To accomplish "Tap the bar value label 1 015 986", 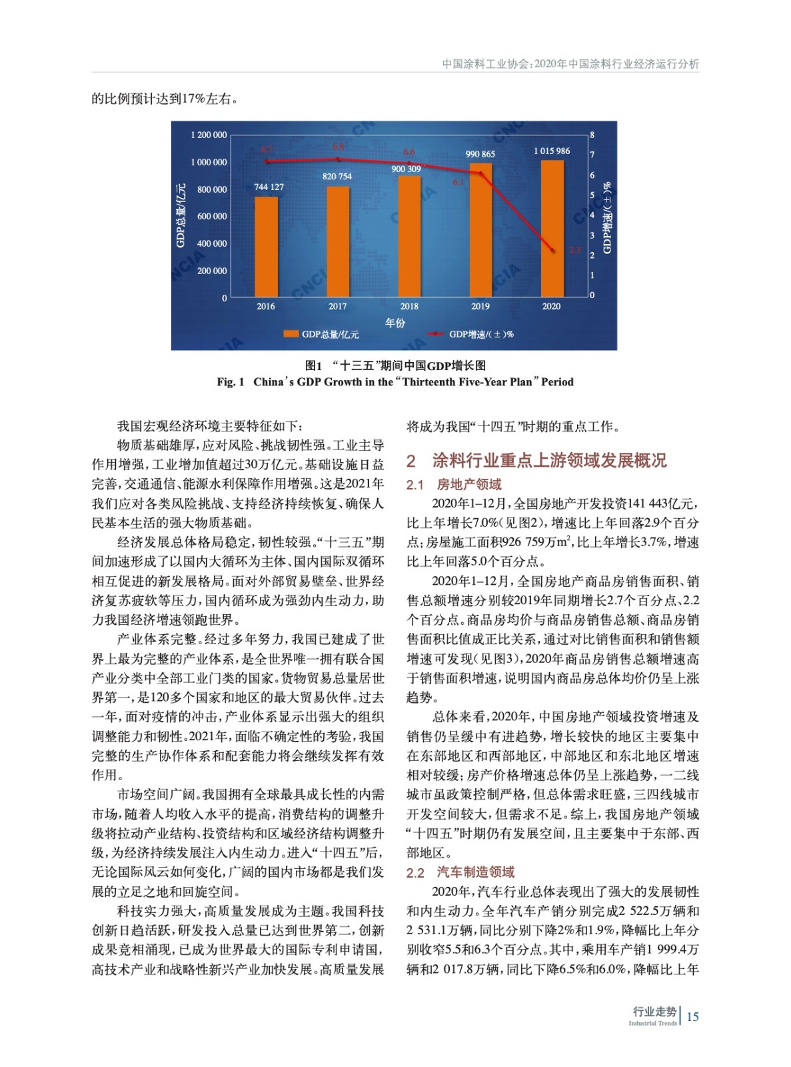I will pyautogui.click(x=551, y=151).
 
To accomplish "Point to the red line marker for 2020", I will pyautogui.click(x=552, y=251).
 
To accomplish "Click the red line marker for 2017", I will pyautogui.click(x=338, y=159).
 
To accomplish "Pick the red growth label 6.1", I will pyautogui.click(x=458, y=182).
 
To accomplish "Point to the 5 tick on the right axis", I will pyautogui.click(x=592, y=195).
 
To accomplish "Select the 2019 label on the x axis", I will pyautogui.click(x=480, y=306).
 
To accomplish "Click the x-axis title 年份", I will pyautogui.click(x=395, y=322).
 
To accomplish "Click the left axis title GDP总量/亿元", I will pyautogui.click(x=181, y=215).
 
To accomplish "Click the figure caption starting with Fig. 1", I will pyautogui.click(x=395, y=382).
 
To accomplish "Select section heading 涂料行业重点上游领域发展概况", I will pyautogui.click(x=549, y=460).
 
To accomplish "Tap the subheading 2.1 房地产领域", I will pyautogui.click(x=454, y=484).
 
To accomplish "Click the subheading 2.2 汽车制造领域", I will pyautogui.click(x=460, y=872).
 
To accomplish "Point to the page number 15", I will pyautogui.click(x=692, y=1016).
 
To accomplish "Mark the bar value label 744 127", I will pyautogui.click(x=269, y=187).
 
